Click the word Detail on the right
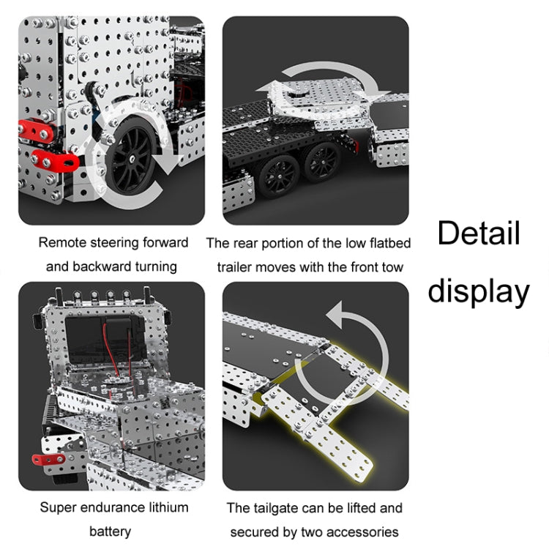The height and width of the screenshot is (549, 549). coord(479,234)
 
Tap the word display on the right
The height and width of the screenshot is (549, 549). coord(478,291)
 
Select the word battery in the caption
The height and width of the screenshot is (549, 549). coord(110,531)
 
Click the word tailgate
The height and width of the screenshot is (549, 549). coord(282,507)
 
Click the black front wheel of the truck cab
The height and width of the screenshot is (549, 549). coord(132,157)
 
